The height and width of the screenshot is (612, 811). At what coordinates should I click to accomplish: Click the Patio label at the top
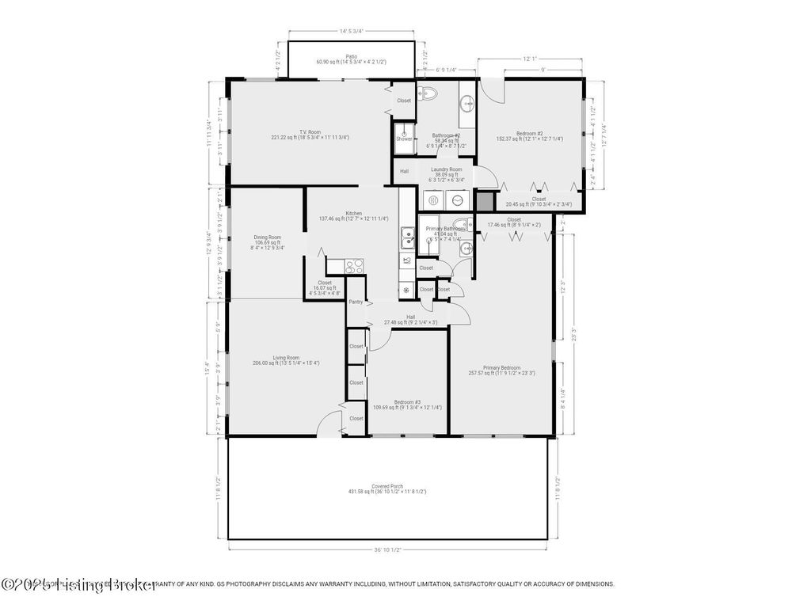tap(351, 56)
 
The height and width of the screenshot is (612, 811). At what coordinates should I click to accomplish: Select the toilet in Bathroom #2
tap(428, 93)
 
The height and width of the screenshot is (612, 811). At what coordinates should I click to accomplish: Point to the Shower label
tap(405, 139)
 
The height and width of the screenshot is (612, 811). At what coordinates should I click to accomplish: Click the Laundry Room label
tap(446, 169)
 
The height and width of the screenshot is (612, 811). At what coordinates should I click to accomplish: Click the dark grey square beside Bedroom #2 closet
tap(485, 200)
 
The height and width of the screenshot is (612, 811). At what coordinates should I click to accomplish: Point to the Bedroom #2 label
tap(529, 134)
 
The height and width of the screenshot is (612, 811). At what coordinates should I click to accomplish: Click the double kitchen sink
tap(407, 234)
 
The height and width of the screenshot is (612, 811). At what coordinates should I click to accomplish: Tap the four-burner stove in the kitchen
tap(353, 266)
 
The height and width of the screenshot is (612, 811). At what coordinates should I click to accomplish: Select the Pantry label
tap(356, 302)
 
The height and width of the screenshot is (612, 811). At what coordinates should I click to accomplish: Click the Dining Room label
tap(268, 238)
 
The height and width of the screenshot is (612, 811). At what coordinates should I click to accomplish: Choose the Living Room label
tap(286, 358)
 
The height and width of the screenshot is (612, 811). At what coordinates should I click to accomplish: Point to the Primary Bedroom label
tap(501, 367)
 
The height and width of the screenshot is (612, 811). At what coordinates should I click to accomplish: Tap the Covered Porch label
tap(386, 486)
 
